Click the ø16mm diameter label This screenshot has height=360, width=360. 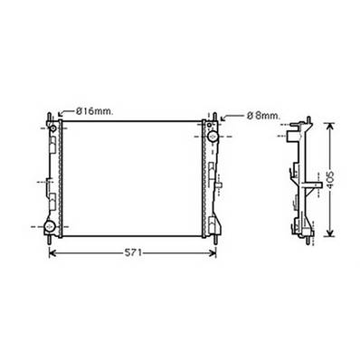[92, 111]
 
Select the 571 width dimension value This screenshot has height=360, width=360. [131, 252]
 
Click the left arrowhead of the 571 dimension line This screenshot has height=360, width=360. [51, 252]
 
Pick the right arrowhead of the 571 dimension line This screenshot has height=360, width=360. [216, 252]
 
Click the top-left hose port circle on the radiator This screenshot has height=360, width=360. [53, 136]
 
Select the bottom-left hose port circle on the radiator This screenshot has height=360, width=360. [53, 225]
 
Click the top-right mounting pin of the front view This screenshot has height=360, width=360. [217, 115]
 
